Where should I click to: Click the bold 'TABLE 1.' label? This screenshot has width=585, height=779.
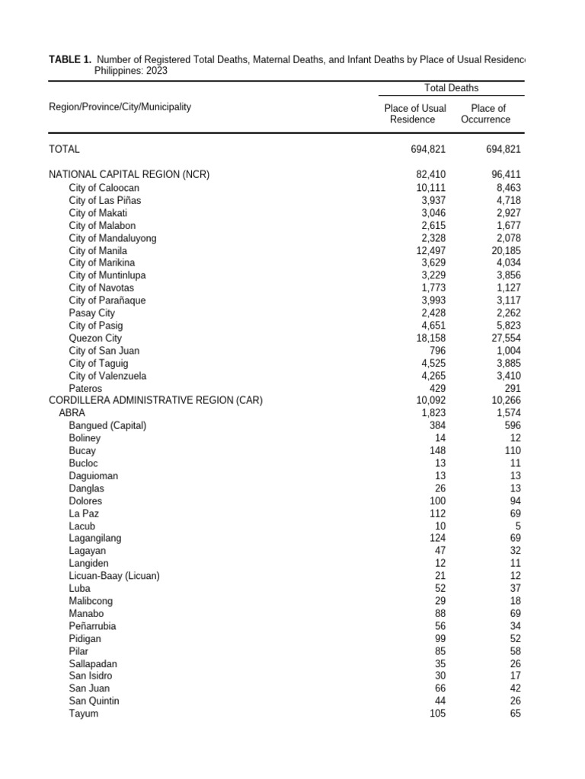click(70, 59)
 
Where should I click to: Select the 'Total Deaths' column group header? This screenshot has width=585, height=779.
click(452, 88)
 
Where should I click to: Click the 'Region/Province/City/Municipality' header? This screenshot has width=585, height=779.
click(120, 107)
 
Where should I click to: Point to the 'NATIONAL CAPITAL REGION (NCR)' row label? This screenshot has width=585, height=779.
click(129, 175)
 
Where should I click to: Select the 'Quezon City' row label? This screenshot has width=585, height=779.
click(95, 338)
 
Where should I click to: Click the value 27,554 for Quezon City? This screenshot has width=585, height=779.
click(503, 338)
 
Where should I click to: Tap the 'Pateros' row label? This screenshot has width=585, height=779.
click(85, 388)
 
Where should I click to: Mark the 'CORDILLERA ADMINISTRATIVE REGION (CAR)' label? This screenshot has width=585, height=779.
click(155, 400)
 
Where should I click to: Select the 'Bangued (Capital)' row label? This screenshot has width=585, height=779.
click(107, 425)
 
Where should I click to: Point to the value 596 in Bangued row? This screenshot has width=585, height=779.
click(512, 425)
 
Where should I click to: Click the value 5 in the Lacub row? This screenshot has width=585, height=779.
click(518, 526)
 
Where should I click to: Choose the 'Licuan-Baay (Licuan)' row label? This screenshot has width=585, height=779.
click(114, 576)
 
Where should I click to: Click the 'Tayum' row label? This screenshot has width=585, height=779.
click(83, 714)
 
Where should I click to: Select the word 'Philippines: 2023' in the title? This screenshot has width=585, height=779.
click(131, 70)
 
